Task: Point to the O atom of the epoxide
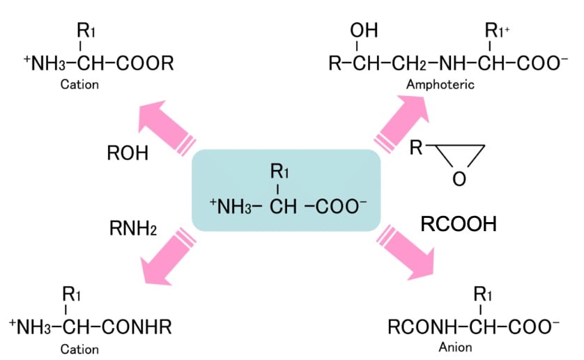click(x=457, y=179)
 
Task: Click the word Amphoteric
click(x=440, y=85)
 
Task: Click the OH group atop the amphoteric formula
click(x=361, y=32)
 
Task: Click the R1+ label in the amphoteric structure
click(x=498, y=32)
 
